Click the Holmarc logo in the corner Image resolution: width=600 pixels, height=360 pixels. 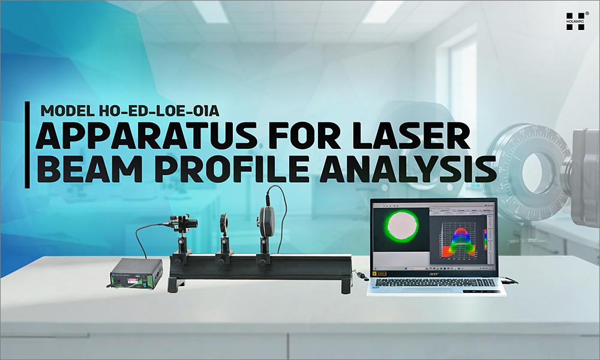[575, 22]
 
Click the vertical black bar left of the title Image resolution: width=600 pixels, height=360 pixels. [27, 144]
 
